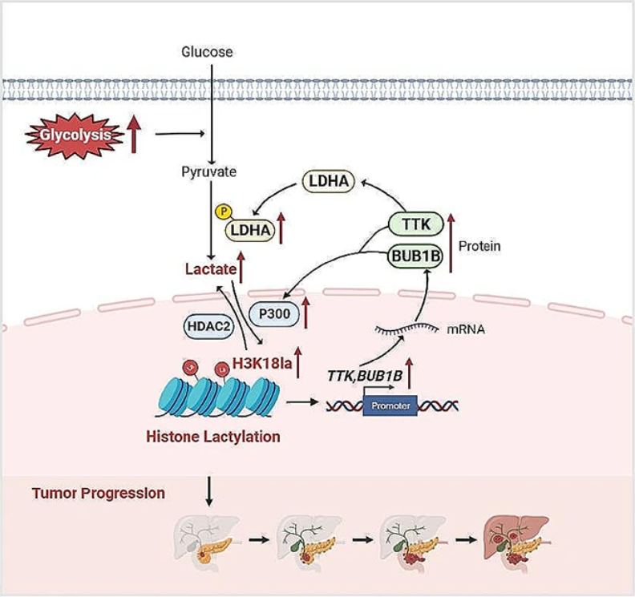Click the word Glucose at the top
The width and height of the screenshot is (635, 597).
[x=207, y=52]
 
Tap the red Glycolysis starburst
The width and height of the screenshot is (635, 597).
[x=75, y=135]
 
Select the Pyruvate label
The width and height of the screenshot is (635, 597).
[x=208, y=172]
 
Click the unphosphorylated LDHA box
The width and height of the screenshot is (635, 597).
[x=329, y=181]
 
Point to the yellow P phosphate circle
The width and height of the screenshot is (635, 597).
[x=223, y=212]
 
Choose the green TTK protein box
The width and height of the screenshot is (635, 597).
[x=416, y=224]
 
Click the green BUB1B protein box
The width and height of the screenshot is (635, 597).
[x=415, y=256]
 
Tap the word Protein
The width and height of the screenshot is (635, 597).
[x=479, y=246]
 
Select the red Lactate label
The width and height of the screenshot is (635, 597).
[x=211, y=269]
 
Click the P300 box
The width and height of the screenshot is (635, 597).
[x=274, y=313]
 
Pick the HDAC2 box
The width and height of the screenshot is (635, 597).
[x=209, y=327]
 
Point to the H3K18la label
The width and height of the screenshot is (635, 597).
[x=262, y=364]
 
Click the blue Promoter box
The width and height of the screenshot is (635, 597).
[x=390, y=405]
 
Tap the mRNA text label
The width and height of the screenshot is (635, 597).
[x=466, y=329]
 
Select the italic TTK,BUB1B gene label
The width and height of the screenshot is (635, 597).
[x=365, y=376]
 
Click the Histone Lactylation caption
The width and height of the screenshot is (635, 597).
[x=213, y=437]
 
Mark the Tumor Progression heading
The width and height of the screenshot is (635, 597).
[x=99, y=493]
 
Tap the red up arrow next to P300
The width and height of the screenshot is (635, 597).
[x=305, y=313]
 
